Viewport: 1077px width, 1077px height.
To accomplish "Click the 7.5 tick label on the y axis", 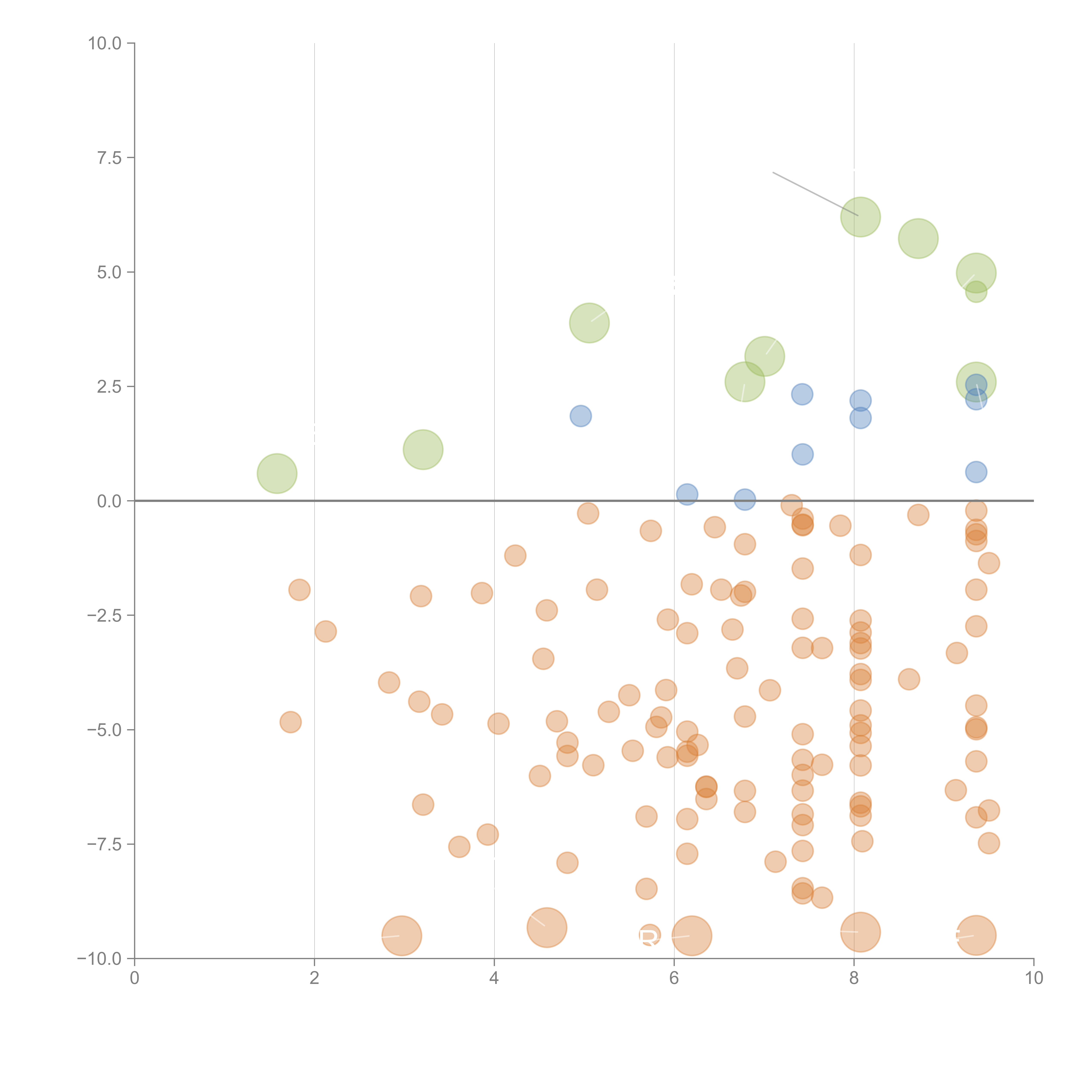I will click(x=109, y=158).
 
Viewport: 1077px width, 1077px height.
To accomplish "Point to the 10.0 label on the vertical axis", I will click(x=105, y=44).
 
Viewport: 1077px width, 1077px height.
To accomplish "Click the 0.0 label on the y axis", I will click(x=109, y=501).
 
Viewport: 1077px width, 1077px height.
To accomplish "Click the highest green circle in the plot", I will click(x=860, y=217).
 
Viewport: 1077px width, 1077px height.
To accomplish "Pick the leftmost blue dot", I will click(x=580, y=416).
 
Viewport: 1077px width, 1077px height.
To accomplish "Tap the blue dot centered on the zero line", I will click(x=745, y=500).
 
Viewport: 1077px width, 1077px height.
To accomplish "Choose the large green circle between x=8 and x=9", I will click(x=918, y=239).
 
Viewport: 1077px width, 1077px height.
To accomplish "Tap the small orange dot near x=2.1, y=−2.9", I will click(x=325, y=632).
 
